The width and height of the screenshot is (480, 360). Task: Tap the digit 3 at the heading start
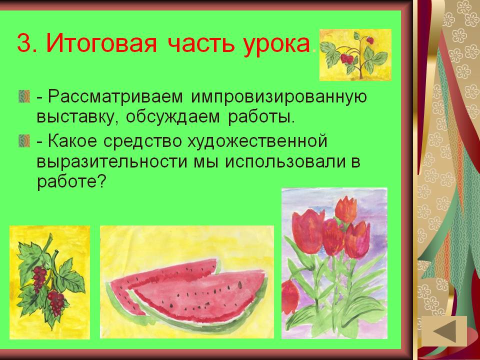click(24, 44)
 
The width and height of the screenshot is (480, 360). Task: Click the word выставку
click(77, 118)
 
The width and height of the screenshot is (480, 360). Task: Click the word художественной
click(257, 141)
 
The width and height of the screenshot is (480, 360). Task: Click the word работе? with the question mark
click(71, 183)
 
